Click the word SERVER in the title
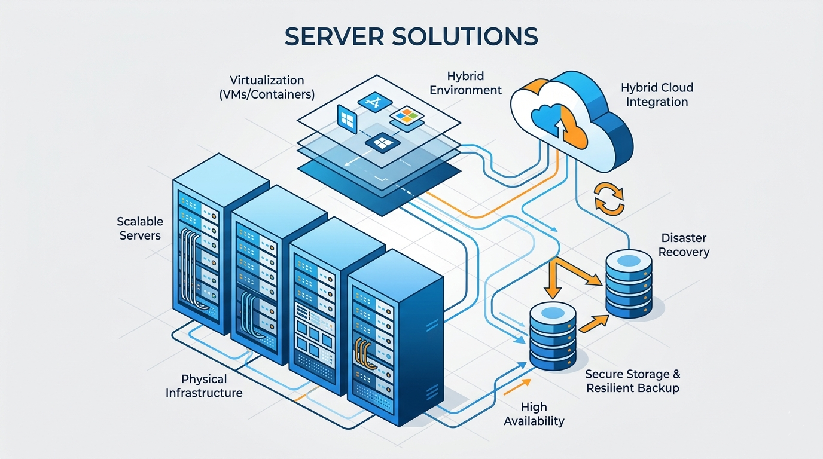(x=334, y=36)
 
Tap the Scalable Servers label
(x=140, y=228)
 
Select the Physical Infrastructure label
(x=204, y=385)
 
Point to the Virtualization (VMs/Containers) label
(x=267, y=87)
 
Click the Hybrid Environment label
(x=465, y=83)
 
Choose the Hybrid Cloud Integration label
(x=657, y=95)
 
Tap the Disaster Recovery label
(x=684, y=245)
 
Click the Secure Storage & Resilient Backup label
(x=633, y=381)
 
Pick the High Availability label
(x=534, y=414)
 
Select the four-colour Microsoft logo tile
(x=406, y=116)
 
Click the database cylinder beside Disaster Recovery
(x=629, y=284)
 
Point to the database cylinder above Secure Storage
(x=553, y=336)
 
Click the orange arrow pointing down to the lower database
(x=553, y=279)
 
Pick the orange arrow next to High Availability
(x=517, y=387)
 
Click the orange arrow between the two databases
(x=594, y=324)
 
